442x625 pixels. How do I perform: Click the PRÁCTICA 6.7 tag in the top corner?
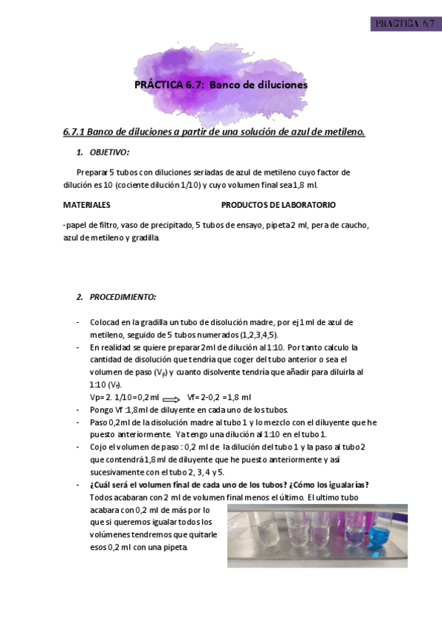pyautogui.click(x=405, y=24)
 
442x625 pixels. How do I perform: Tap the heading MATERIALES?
pyautogui.click(x=87, y=204)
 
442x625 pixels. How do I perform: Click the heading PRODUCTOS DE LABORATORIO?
pyautogui.click(x=278, y=204)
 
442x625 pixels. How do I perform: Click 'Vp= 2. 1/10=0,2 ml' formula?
pyautogui.click(x=124, y=397)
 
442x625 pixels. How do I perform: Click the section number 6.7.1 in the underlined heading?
pyautogui.click(x=76, y=132)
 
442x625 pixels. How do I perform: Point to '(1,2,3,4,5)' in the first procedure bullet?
pyautogui.click(x=258, y=334)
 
